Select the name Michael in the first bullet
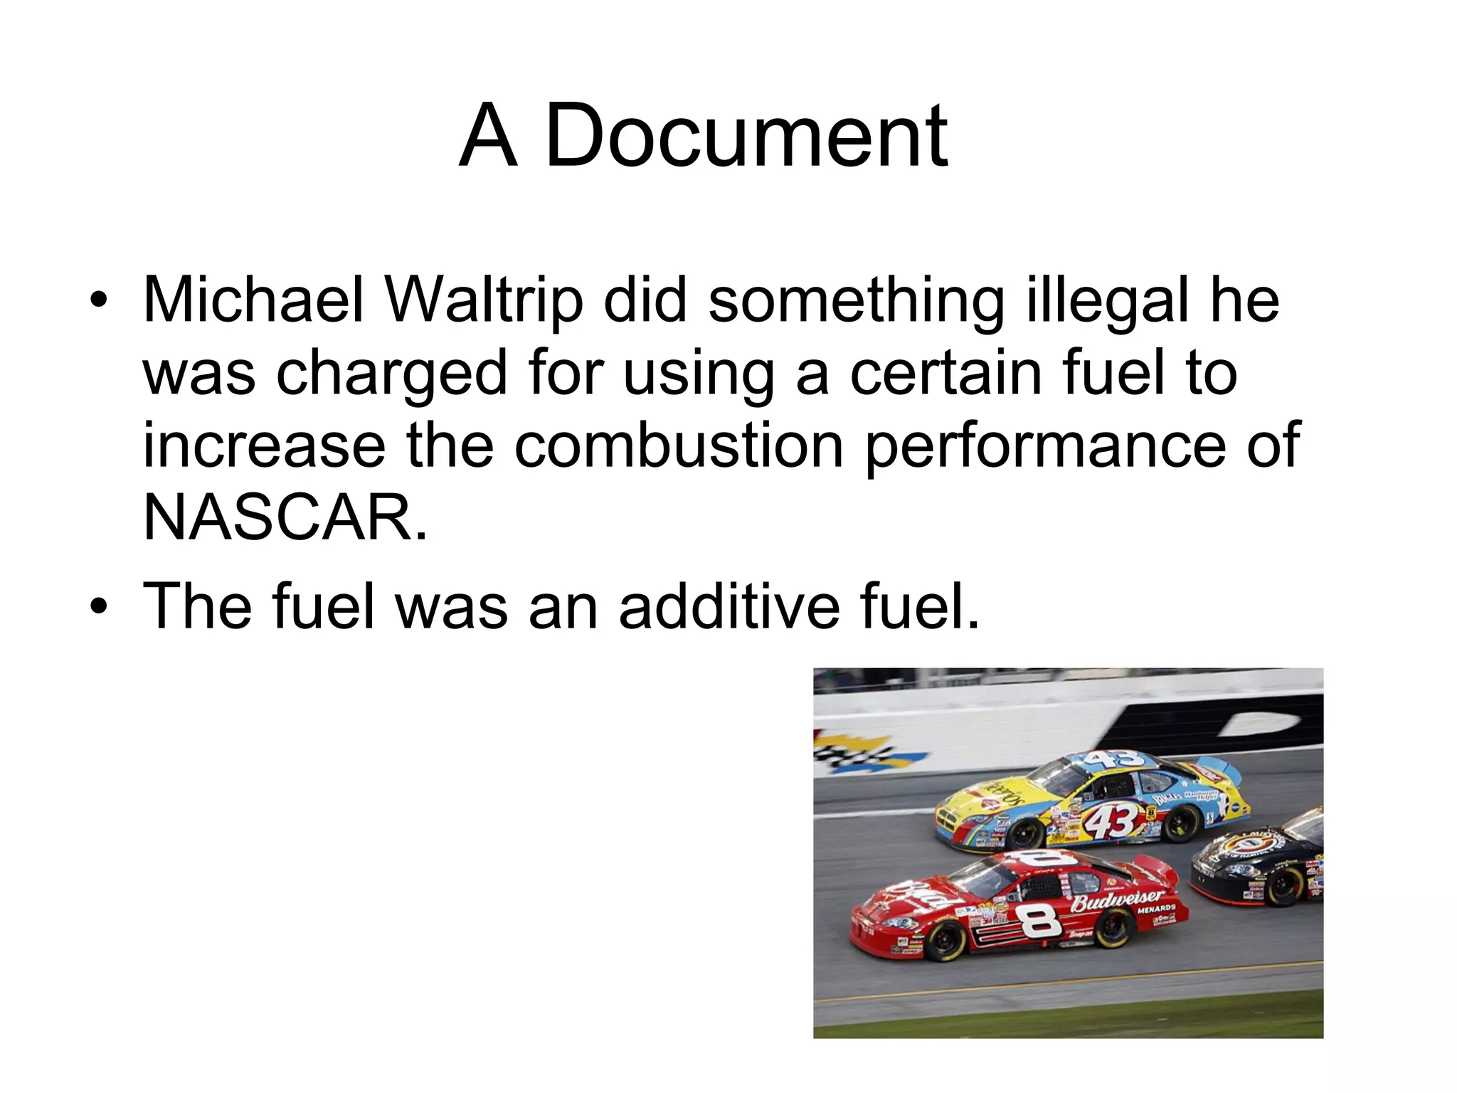point(254,300)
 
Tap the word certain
point(946,373)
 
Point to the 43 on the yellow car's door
point(1113,822)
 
